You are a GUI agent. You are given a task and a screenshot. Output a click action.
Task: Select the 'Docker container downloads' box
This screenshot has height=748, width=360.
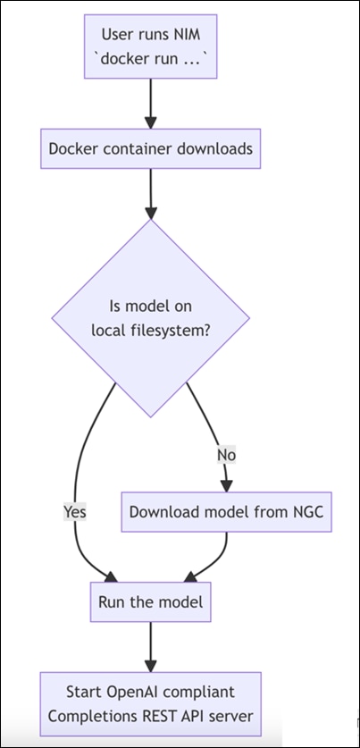[x=150, y=150]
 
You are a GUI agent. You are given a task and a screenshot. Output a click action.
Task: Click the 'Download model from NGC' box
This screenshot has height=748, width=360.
[x=228, y=512]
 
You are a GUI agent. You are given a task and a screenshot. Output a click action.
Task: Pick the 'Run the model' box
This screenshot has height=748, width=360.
[x=150, y=602]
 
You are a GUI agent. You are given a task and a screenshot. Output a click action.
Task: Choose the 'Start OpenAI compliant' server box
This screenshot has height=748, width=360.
[x=150, y=702]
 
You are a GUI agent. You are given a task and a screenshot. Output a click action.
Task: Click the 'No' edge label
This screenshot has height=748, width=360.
[x=226, y=454]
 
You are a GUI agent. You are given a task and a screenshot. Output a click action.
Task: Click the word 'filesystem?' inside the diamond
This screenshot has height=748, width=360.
[x=184, y=330]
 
